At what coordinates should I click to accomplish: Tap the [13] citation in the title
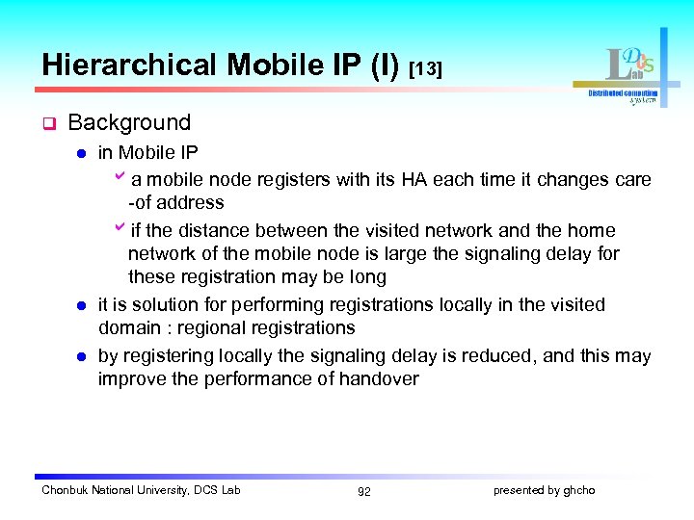425,69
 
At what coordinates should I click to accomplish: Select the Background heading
129,123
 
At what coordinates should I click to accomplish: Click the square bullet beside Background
46,124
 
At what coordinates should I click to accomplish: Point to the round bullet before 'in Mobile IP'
83,153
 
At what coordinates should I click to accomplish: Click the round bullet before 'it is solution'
83,305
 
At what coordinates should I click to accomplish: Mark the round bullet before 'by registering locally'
83,356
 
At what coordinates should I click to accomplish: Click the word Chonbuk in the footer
65,491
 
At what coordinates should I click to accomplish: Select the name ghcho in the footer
579,491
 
